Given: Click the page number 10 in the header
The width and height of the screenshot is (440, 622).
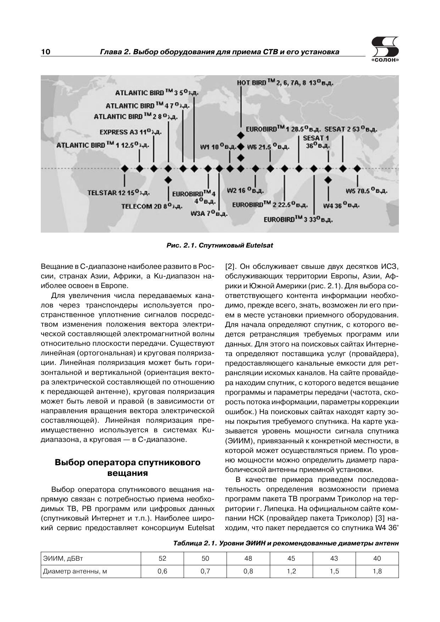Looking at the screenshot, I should coord(46,52).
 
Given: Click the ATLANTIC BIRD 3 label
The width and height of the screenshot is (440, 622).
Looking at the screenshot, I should coord(156,93).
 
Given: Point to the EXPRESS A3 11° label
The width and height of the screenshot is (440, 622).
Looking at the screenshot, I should coord(130,132).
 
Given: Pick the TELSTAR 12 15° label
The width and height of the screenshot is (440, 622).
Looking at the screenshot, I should coord(118,193).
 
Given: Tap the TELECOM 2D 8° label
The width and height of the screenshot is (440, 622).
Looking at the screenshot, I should coord(152,206).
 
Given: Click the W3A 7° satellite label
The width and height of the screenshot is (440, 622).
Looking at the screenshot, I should coord(209,213).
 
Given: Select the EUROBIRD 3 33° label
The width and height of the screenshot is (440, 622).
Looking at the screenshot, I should coord(298,220).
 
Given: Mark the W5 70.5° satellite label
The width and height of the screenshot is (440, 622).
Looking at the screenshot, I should coord(367,191).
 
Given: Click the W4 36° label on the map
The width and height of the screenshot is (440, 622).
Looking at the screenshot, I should coord(341,206).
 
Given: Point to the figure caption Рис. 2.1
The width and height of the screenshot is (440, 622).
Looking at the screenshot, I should coord(220,245).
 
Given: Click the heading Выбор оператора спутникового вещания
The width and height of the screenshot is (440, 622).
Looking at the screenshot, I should coord(127,468).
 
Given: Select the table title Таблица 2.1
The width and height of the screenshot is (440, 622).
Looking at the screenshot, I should coord(286,543).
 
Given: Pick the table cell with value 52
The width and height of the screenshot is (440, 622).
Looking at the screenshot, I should coord(162,559).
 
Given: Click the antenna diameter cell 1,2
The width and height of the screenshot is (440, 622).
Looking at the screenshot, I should coord(291,571).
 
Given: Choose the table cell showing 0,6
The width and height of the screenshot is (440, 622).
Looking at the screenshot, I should coord(162,571).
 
